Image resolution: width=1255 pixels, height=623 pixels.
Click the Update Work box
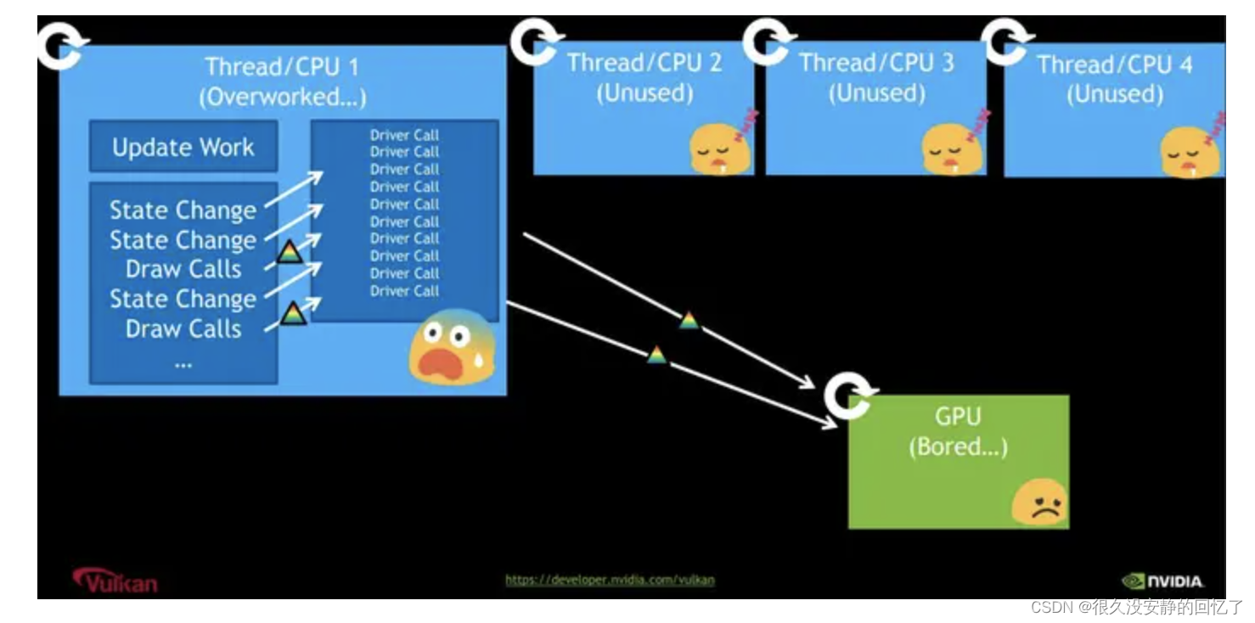pyautogui.click(x=183, y=146)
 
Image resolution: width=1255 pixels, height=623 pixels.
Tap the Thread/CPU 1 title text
pyautogui.click(x=282, y=67)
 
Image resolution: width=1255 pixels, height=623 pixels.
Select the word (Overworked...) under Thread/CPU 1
pyautogui.click(x=283, y=97)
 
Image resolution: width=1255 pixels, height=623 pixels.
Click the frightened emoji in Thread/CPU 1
pyautogui.click(x=452, y=347)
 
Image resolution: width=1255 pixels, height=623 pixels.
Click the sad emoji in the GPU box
pyautogui.click(x=1040, y=502)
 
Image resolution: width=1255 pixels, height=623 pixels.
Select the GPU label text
pyautogui.click(x=958, y=416)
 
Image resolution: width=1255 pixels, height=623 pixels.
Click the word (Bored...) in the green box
pyautogui.click(x=958, y=446)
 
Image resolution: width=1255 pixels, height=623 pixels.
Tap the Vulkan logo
pyautogui.click(x=115, y=581)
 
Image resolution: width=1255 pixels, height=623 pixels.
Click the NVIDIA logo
pyautogui.click(x=1162, y=581)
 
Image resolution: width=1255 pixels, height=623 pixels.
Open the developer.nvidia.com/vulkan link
pyautogui.click(x=610, y=580)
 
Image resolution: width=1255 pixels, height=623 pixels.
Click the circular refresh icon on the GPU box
pyautogui.click(x=849, y=396)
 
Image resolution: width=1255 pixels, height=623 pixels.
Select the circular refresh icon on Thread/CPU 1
pyautogui.click(x=62, y=46)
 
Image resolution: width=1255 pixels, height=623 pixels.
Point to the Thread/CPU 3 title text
pyautogui.click(x=876, y=62)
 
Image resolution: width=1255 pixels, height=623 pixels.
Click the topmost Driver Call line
pyautogui.click(x=404, y=135)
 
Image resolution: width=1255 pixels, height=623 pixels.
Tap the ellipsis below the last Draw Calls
pyautogui.click(x=183, y=365)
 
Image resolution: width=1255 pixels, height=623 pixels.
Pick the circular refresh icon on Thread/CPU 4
pyautogui.click(x=1006, y=42)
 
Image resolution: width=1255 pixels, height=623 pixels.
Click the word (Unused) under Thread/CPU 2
pyautogui.click(x=644, y=93)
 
